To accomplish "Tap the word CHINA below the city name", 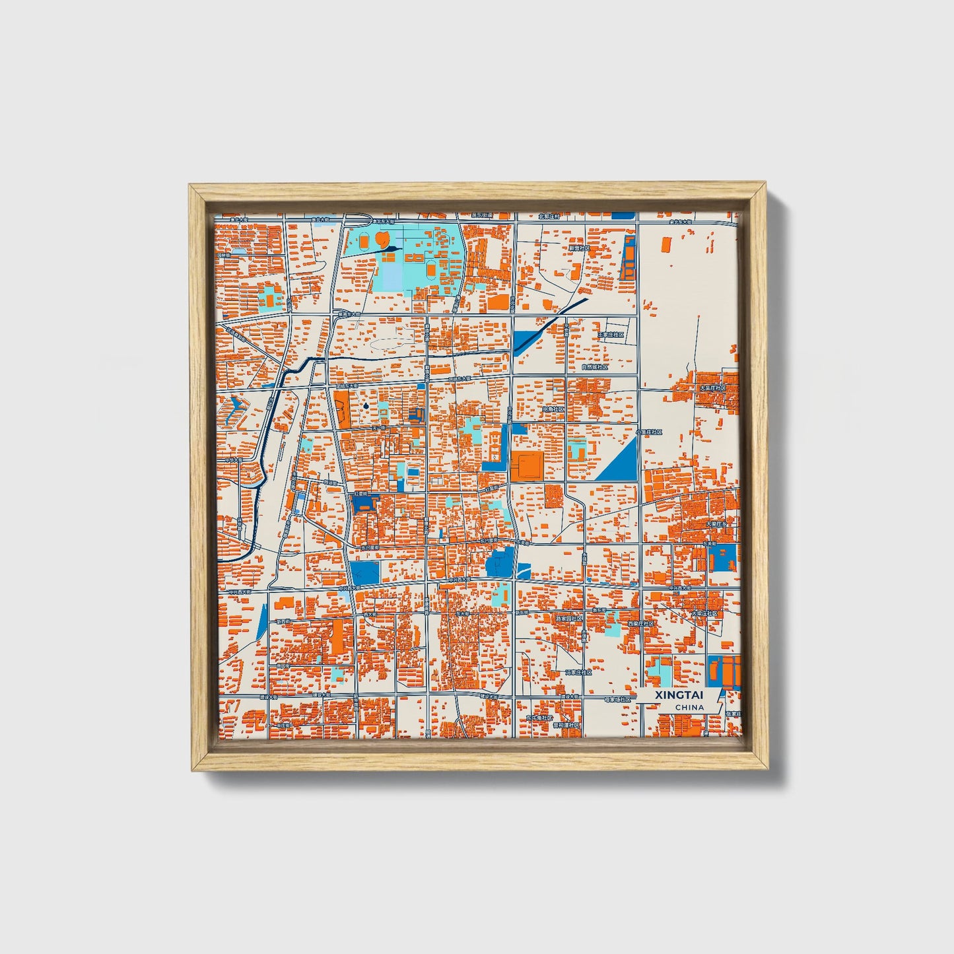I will tap(689, 708).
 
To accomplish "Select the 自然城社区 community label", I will tap(594, 367).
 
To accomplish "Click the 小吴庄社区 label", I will tap(649, 432).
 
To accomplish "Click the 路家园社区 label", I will tap(569, 619).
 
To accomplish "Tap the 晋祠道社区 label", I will tap(566, 725).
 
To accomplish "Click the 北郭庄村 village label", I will tap(549, 216).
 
